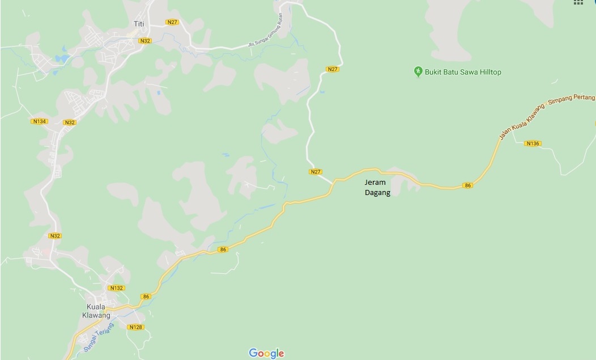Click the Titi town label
point(139,23)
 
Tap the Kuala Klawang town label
point(95,311)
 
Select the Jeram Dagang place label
point(378,188)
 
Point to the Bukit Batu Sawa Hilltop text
point(463,72)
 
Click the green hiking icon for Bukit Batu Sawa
point(418,71)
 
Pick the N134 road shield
point(39,121)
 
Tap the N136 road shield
point(533,143)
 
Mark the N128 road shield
point(135,327)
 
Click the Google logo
point(266,353)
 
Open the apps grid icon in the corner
point(578,2)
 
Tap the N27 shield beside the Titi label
point(173,22)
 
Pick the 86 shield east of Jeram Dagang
point(467,185)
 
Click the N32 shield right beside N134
point(70,122)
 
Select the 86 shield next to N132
point(146,297)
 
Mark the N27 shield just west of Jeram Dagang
point(316,172)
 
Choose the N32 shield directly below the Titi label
point(145,41)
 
